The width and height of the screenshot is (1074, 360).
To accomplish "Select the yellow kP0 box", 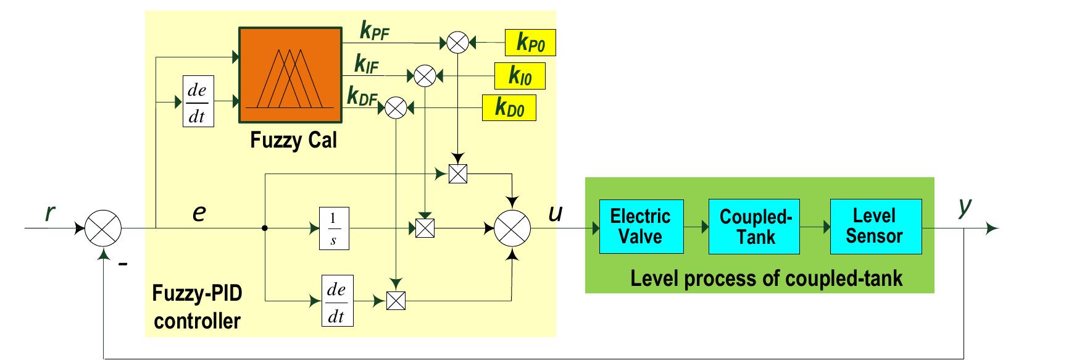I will (530, 43).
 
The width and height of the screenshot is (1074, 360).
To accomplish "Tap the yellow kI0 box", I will (520, 76).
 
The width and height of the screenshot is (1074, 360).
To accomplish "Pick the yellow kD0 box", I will (509, 108).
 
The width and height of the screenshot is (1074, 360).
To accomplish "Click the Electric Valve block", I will (641, 227).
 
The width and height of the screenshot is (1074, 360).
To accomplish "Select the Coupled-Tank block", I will (754, 227).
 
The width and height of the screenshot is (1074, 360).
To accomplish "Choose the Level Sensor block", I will (875, 227).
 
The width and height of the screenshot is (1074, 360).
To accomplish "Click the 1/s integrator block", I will (333, 228).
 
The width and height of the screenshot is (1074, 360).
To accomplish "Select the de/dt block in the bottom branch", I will (337, 301).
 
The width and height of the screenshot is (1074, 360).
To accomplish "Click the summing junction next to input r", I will (103, 228).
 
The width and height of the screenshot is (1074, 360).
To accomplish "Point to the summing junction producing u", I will (512, 228).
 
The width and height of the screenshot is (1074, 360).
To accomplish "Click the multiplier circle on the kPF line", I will (457, 43).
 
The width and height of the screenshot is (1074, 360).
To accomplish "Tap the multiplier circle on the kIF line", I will (424, 76).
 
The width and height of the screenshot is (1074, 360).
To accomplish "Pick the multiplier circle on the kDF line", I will (396, 109).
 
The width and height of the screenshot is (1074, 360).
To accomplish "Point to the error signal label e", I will (199, 213).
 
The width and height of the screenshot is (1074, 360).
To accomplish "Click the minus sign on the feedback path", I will (123, 264).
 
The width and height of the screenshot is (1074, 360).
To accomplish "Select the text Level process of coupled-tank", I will (766, 278).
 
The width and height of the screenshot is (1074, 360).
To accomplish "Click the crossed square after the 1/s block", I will (425, 228).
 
